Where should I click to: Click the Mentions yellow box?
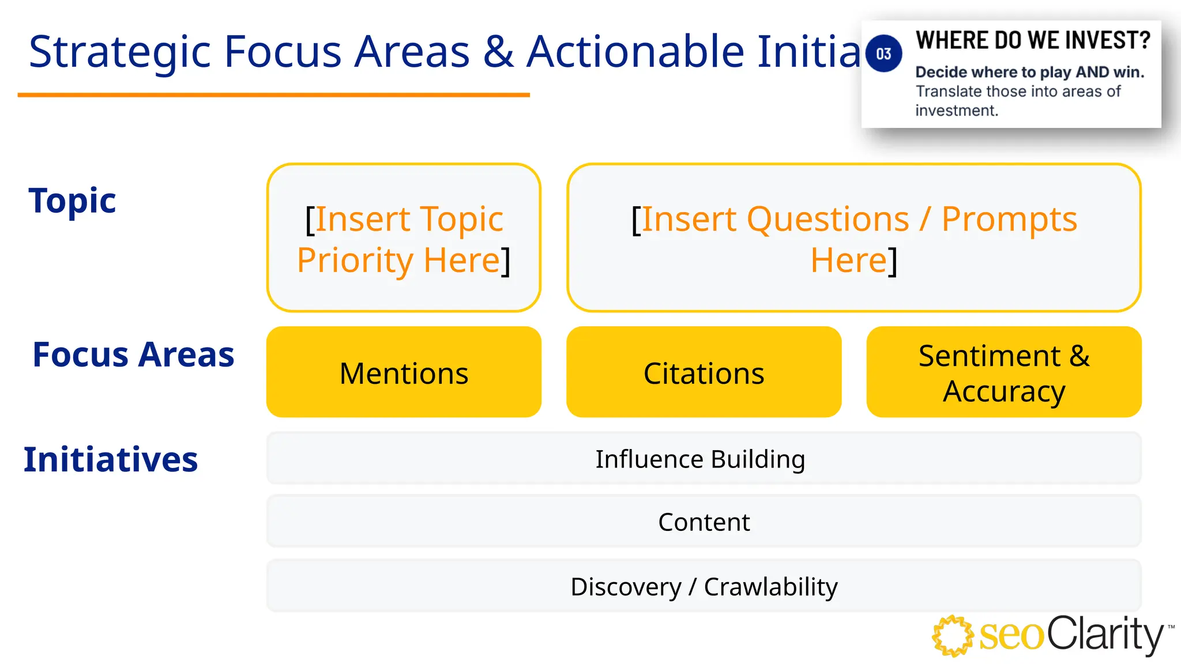(404, 372)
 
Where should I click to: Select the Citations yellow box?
(704, 372)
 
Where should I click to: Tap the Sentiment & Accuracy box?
(1003, 372)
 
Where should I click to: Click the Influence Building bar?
(704, 459)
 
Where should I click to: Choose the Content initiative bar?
(704, 522)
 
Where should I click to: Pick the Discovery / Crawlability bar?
(704, 586)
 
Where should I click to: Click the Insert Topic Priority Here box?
(404, 238)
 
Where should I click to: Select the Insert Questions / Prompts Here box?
(853, 238)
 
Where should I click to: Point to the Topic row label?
(72, 201)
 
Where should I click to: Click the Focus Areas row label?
(133, 354)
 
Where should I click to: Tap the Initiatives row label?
(111, 459)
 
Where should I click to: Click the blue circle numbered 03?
(883, 54)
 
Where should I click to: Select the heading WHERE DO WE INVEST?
(1032, 40)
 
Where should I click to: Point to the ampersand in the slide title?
(498, 52)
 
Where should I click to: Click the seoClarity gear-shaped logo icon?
(953, 636)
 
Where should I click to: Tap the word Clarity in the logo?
(1104, 634)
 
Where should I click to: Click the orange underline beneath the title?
(273, 95)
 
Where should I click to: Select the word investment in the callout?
(956, 111)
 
